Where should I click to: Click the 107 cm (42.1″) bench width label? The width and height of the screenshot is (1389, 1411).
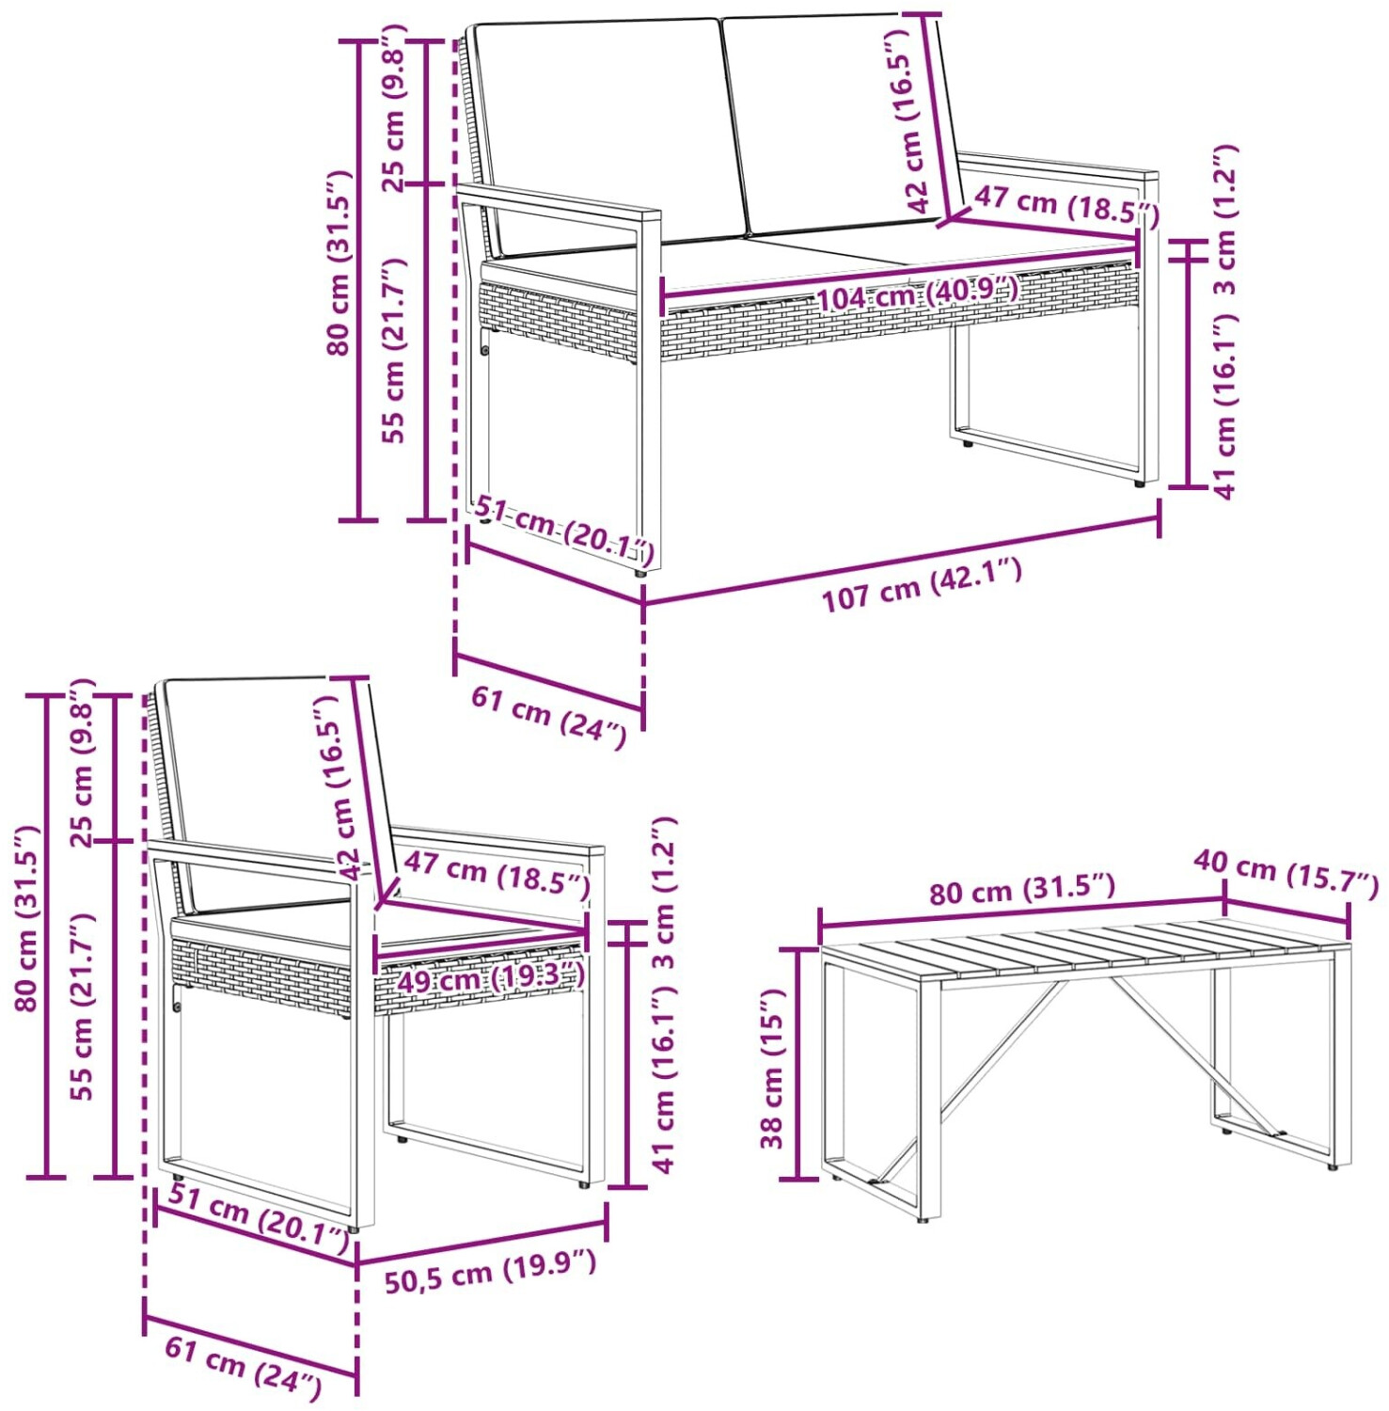coord(922,585)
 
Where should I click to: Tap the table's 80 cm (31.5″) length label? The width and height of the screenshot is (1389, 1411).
coord(1022,889)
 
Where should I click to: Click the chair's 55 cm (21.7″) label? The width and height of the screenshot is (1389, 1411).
coord(83,1006)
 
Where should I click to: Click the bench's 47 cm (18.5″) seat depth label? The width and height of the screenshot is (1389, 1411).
coord(1066,206)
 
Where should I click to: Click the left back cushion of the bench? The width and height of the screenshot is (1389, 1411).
coord(607,132)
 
